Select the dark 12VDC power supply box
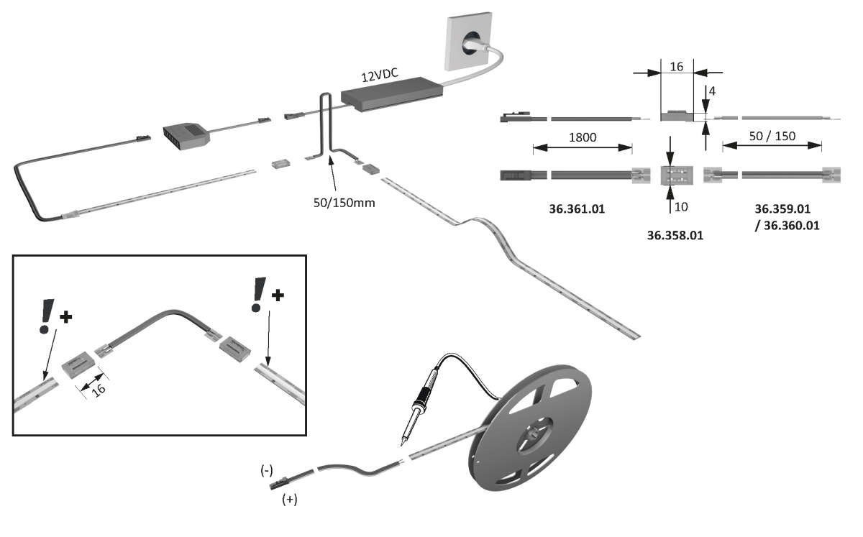pos(392,93)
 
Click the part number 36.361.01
pos(576,210)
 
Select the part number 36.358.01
pos(675,235)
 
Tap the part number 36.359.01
pos(782,209)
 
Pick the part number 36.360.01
pos(790,225)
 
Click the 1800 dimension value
pos(582,137)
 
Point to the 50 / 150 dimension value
pos(772,137)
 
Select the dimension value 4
pos(711,92)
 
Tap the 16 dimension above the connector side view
pos(676,66)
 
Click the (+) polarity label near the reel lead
pos(290,499)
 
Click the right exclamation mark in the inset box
pos(257,295)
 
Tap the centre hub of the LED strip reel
pos(534,434)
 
